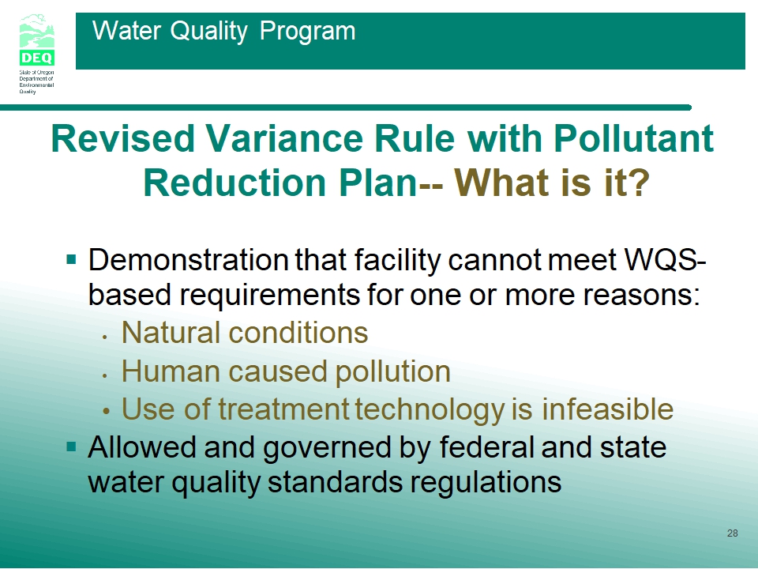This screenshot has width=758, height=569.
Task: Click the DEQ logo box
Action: click(37, 58)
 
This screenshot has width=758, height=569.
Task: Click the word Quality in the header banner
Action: click(208, 32)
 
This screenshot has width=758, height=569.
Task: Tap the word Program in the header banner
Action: click(307, 32)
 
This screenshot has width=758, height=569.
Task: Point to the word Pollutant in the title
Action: click(634, 138)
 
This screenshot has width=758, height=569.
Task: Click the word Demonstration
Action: click(189, 260)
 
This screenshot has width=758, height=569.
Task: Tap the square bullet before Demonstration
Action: click(72, 260)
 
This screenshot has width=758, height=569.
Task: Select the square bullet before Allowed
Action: click(72, 446)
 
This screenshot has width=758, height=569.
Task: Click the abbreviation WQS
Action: click(661, 260)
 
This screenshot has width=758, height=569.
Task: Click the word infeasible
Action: click(607, 409)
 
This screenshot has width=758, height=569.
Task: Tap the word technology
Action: click(430, 410)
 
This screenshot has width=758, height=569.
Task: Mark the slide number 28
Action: click(733, 533)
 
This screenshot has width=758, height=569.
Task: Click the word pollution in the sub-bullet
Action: click(392, 372)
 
